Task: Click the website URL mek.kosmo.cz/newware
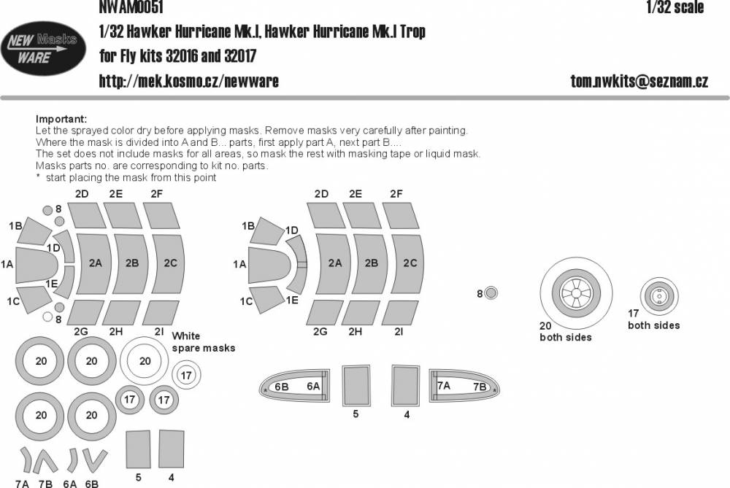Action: point(188,80)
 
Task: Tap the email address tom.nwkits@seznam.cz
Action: point(639,81)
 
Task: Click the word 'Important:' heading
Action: point(61,119)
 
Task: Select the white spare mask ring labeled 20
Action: point(145,360)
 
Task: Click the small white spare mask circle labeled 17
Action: point(186,376)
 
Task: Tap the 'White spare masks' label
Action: point(203,342)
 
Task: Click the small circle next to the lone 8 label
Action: point(492,293)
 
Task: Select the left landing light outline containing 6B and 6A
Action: point(296,387)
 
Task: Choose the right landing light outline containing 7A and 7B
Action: point(463,387)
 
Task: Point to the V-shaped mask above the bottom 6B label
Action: point(92,459)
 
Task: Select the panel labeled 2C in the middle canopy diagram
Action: point(410,263)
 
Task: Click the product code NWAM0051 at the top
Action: point(131,7)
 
